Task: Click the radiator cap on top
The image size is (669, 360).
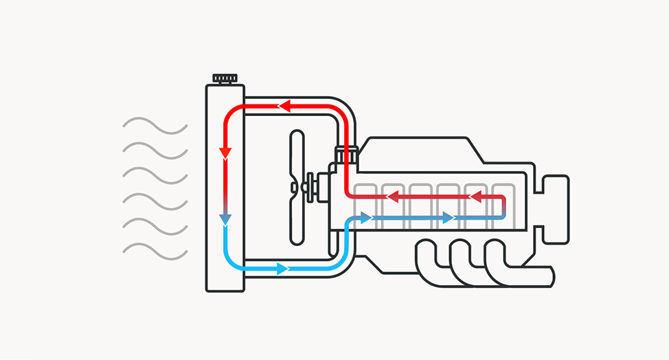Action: click(224, 78)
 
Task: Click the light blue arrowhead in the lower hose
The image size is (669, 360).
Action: click(282, 269)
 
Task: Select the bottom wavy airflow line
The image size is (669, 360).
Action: click(155, 250)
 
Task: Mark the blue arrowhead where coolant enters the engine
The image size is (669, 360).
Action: click(366, 218)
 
